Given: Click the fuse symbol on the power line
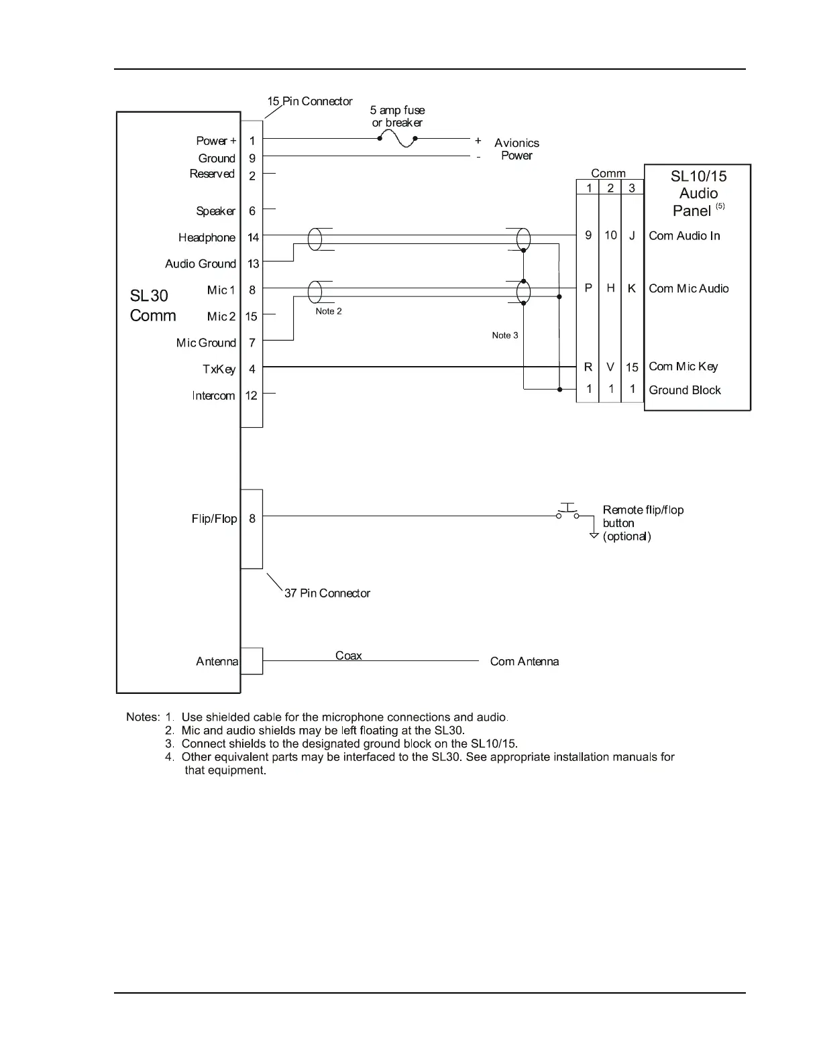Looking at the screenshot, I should tap(398, 139).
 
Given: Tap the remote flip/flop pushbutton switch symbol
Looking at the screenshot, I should tap(567, 512).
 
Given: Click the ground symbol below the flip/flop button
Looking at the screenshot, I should tap(594, 535).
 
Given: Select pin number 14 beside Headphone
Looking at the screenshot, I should tap(253, 237).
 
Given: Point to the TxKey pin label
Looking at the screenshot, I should tap(219, 369).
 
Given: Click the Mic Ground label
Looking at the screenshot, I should tap(206, 343).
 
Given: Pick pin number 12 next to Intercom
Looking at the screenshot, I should tap(252, 396).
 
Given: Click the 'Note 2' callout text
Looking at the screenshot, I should tap(329, 311).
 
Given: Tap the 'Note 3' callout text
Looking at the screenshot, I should tap(504, 335).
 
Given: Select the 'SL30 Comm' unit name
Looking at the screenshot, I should tap(152, 306).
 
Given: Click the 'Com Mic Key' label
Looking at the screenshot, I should tap(683, 367).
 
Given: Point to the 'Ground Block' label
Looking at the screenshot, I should tap(684, 390).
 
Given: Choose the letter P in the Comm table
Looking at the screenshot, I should tap(588, 288).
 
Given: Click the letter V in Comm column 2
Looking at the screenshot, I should tap(610, 367).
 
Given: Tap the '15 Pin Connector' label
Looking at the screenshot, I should tap(310, 101).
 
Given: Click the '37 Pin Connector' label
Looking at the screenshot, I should tap(327, 593).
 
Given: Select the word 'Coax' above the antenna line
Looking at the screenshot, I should tap(348, 656).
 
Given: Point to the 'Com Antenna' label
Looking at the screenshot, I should tap(524, 662).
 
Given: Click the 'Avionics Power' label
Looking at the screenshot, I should tap(516, 149).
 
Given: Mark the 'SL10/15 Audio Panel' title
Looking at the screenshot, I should tap(698, 193).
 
